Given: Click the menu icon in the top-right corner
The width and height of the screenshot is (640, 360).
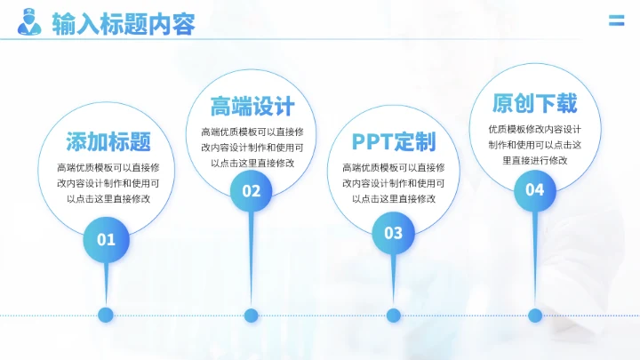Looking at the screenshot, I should point(615,20).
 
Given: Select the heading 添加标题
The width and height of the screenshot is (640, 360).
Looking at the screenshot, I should point(108,141).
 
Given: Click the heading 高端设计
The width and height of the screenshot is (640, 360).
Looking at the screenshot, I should point(252,108).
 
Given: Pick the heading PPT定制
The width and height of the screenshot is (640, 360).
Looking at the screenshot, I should point(393,141).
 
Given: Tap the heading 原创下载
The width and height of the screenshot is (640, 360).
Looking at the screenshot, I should point(535,104).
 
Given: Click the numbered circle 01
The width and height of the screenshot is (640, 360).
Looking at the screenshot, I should point(107,238).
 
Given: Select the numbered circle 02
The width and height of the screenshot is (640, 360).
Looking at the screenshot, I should point(252,190).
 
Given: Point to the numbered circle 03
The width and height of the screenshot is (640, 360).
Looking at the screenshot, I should point(393,233).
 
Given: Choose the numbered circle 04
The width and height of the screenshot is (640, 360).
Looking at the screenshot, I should point(535,188).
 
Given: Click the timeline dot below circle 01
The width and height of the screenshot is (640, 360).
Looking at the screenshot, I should point(107,314).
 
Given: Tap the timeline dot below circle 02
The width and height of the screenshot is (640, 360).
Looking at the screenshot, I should point(252,315).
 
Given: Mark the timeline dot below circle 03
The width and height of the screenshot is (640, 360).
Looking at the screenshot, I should point(393,315).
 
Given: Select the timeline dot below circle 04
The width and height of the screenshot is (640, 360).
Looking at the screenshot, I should point(535,315).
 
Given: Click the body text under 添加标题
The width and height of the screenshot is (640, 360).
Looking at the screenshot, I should point(108,182).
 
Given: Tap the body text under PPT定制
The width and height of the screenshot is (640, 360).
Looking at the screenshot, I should point(393,182).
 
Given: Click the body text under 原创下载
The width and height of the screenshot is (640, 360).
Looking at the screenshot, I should point(535,144).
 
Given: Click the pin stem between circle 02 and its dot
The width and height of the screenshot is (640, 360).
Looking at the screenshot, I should point(252,258).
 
